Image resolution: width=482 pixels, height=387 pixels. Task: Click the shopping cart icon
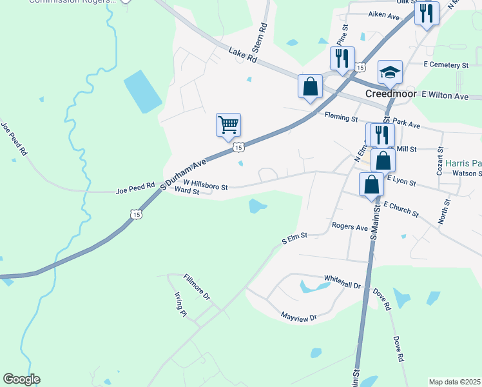coord(228,124)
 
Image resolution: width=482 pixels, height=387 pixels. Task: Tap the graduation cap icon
coord(390,72)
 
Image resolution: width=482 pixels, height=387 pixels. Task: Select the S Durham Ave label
coord(184,172)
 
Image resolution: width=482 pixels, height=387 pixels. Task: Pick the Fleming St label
coord(340,118)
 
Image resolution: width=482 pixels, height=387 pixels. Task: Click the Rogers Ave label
coord(349,226)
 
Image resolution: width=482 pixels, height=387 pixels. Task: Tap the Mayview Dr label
coord(299,317)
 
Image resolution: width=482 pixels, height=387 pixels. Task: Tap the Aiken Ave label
coord(383,14)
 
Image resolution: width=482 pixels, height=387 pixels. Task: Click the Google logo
coord(21,379)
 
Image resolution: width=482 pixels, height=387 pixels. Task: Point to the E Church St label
coord(400,209)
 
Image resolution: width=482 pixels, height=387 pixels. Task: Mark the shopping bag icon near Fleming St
coord(310,86)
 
